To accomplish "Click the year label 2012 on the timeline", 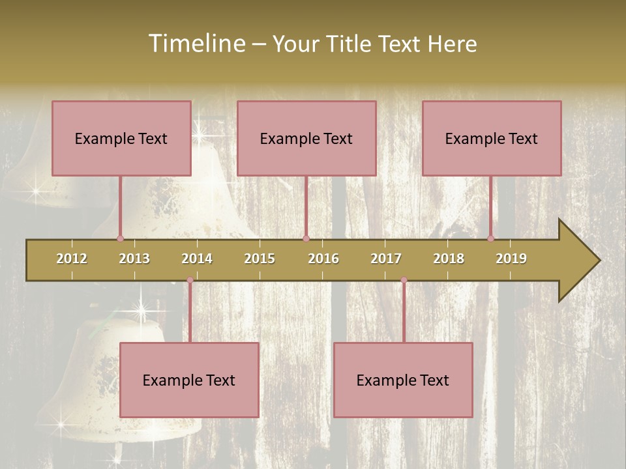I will click(x=72, y=259).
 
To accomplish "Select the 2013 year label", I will click(x=134, y=259).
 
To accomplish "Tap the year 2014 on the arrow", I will click(x=197, y=259).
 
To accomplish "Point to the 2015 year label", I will click(x=260, y=259).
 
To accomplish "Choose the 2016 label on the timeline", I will click(x=323, y=259).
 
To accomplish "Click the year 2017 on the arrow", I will click(x=386, y=259).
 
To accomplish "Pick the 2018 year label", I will click(x=449, y=259).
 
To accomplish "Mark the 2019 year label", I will click(x=511, y=259).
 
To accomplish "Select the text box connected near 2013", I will click(x=121, y=138).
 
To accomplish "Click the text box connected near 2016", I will click(x=306, y=138).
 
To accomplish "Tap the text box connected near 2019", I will click(x=492, y=138).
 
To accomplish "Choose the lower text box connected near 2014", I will click(x=189, y=380).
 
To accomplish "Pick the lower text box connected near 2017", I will click(x=403, y=380).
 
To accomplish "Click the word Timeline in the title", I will click(x=196, y=44).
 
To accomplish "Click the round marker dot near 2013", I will click(x=120, y=238).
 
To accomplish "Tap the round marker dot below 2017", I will click(x=404, y=280).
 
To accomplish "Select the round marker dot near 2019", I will click(x=490, y=238).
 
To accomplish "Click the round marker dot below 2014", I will click(x=190, y=280).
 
